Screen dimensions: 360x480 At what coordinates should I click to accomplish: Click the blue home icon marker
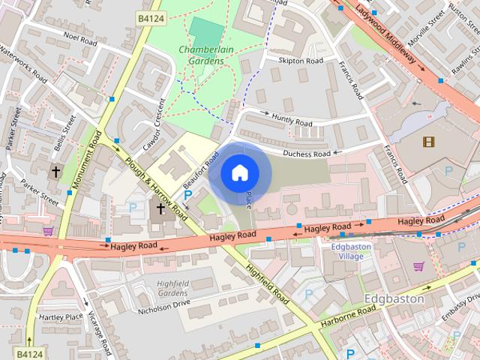[x=238, y=172]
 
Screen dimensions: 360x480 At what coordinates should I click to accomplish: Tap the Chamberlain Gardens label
[x=204, y=55]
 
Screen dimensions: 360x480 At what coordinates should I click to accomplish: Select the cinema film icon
[x=428, y=141]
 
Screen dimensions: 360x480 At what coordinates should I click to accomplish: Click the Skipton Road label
[x=300, y=60]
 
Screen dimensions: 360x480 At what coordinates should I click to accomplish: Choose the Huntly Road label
[x=291, y=120]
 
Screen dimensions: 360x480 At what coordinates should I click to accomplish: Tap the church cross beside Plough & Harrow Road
[x=160, y=208]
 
